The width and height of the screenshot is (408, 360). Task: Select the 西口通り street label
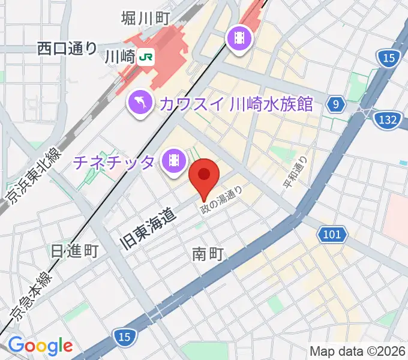(67, 47)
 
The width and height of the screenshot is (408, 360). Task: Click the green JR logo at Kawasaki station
(146, 58)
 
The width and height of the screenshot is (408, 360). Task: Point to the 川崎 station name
(119, 58)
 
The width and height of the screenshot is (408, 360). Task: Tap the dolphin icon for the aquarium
(140, 103)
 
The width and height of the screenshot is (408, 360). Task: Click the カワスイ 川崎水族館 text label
(236, 104)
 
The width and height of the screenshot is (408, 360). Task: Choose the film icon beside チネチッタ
(174, 161)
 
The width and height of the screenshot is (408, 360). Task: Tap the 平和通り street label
(296, 172)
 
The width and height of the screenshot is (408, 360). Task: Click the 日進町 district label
(75, 250)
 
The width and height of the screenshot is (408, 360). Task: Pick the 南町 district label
(208, 254)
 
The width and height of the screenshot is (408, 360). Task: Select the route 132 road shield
(387, 120)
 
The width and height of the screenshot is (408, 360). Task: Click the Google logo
(40, 346)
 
